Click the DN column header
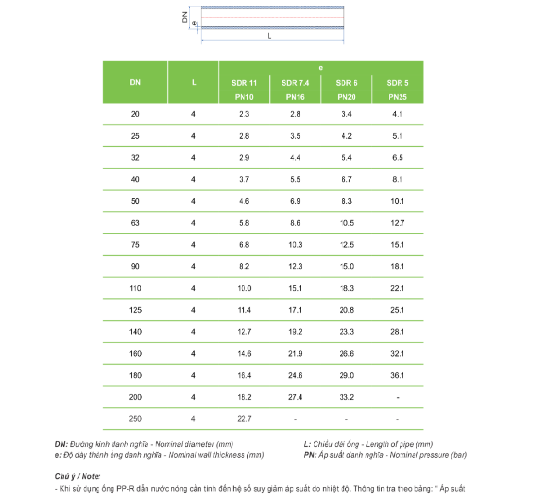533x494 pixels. coord(135,83)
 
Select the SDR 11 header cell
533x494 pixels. coord(244,83)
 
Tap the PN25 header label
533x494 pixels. coord(397,97)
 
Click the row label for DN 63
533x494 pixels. coord(135,223)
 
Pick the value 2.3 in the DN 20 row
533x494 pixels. coord(244,114)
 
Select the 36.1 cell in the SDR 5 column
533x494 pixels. coord(397,376)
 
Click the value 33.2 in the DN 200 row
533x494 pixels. coord(346,397)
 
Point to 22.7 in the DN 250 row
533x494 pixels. coord(244,419)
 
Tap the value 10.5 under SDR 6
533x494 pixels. coord(346,223)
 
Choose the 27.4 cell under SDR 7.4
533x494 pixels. coord(296,397)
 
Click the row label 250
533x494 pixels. coord(135,419)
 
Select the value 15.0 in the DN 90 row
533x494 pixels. coord(346,267)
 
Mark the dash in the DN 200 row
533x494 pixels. coord(397,398)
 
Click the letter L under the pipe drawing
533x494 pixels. coord(269,36)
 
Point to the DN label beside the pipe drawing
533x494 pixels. coord(185,17)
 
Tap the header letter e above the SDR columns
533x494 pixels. coord(321,69)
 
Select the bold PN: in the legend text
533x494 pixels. coord(310,455)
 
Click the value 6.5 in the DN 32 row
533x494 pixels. coord(397,158)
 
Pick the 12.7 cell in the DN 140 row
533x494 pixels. coord(244,332)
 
